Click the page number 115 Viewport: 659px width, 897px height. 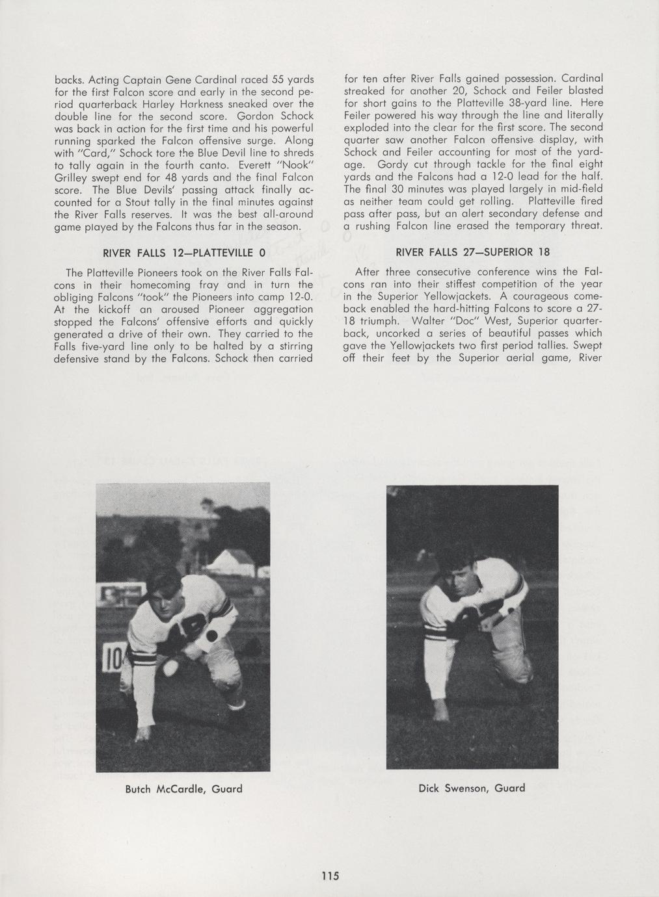tap(330, 876)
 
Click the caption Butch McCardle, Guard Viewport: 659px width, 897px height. tap(183, 789)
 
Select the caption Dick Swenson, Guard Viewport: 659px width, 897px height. tap(472, 788)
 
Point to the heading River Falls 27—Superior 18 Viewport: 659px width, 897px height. tap(473, 252)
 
